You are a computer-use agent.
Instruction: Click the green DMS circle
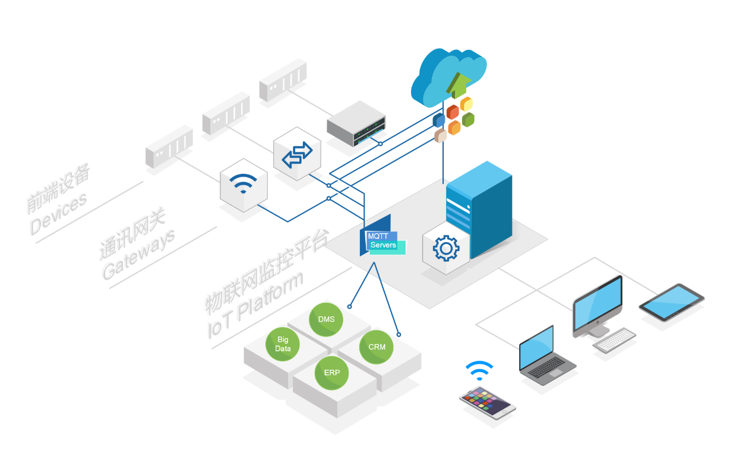[x=326, y=319]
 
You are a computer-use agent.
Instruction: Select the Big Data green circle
[x=283, y=344]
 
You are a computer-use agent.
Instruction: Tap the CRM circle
[x=377, y=347]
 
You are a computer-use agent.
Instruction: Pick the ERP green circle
[x=332, y=373]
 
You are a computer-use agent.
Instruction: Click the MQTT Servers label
[x=382, y=241]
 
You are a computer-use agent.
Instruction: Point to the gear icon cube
[x=445, y=249]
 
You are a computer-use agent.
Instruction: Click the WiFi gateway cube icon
[x=243, y=185]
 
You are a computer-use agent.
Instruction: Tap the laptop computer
[x=543, y=356]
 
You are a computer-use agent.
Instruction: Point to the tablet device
[x=672, y=302]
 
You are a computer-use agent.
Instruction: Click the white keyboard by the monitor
[x=614, y=340]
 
